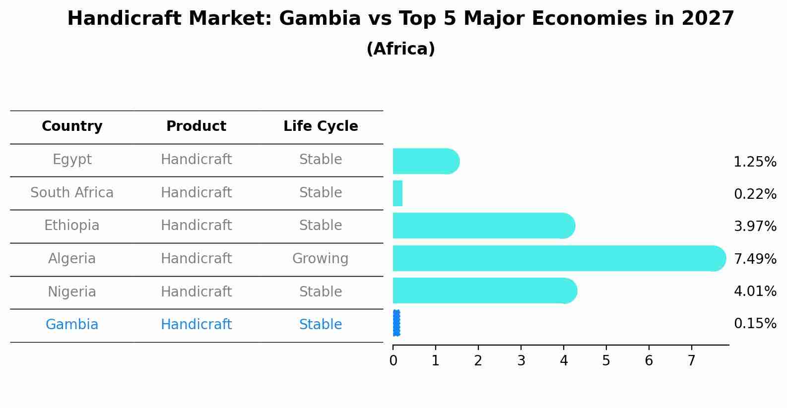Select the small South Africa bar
pos(397,193)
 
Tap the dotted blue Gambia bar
pos(396,323)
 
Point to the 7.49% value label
pos(755,259)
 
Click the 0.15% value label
pos(755,324)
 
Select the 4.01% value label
pos(755,291)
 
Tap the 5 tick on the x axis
pos(606,361)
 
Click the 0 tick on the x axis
pos(393,361)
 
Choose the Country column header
pos(72,126)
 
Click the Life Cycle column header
pos(321,126)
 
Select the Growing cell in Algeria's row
pos(321,259)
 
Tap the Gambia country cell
pos(72,325)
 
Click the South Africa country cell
pos(72,192)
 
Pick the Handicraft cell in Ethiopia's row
pos(196,226)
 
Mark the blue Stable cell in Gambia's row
pos(321,325)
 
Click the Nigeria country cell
pos(72,291)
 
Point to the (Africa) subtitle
pos(400,49)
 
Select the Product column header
pos(196,126)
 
